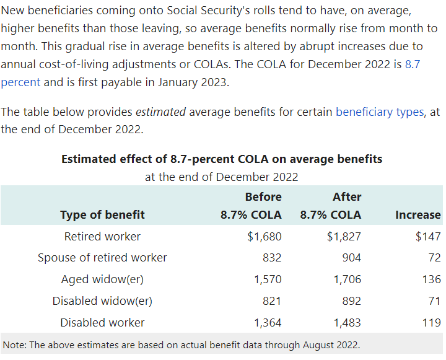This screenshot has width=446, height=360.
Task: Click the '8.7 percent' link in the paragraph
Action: pyautogui.click(x=413, y=64)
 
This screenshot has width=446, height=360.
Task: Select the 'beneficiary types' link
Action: pyautogui.click(x=379, y=112)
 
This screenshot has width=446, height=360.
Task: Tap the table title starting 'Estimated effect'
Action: pyautogui.click(x=222, y=159)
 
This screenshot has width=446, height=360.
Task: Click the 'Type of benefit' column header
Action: pyautogui.click(x=102, y=215)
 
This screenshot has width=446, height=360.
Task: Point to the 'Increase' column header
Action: pyautogui.click(x=418, y=215)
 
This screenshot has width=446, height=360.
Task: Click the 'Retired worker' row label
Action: pyautogui.click(x=102, y=236)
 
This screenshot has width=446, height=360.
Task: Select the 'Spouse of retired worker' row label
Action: pyautogui.click(x=102, y=257)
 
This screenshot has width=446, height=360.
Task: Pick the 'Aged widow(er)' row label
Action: pyautogui.click(x=102, y=279)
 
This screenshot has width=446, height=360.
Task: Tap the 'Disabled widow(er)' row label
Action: pyautogui.click(x=102, y=301)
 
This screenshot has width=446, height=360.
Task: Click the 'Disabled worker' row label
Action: pyautogui.click(x=102, y=322)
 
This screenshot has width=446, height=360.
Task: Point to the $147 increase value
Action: pyautogui.click(x=428, y=236)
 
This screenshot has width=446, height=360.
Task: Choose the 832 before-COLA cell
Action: pyautogui.click(x=271, y=257)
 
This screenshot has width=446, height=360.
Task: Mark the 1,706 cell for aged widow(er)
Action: pyautogui.click(x=347, y=279)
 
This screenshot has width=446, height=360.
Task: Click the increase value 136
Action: pyautogui.click(x=431, y=279)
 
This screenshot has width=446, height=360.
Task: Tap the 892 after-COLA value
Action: pyautogui.click(x=351, y=301)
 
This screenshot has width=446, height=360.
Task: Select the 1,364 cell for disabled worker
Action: pyautogui.click(x=268, y=322)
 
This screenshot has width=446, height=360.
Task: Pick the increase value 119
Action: pyautogui.click(x=431, y=322)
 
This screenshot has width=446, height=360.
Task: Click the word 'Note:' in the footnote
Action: pyautogui.click(x=15, y=344)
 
